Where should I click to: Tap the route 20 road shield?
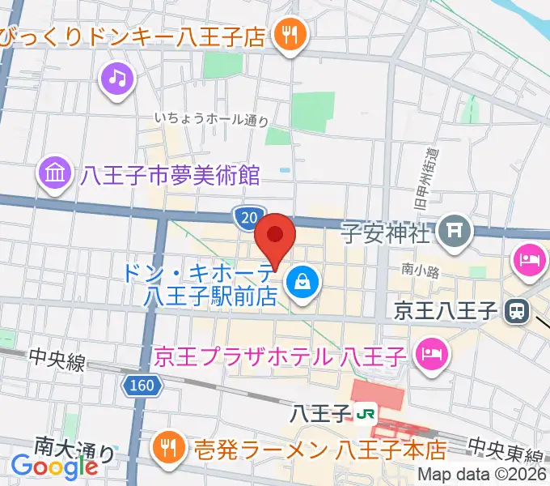(248, 216)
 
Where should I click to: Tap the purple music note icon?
(118, 78)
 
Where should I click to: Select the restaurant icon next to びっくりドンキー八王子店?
(287, 34)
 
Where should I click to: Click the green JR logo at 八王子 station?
(366, 414)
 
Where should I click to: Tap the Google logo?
(55, 467)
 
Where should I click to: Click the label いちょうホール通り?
(211, 120)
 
